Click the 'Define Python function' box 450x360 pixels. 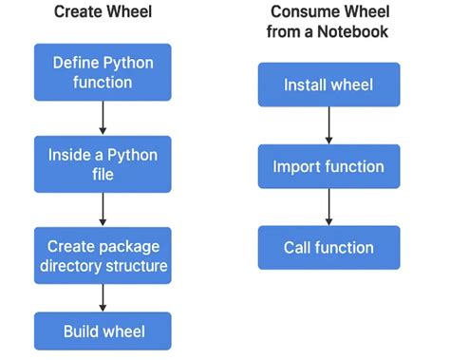pyautogui.click(x=103, y=72)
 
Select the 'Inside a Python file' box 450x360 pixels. pyautogui.click(x=103, y=163)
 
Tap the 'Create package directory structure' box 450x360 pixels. pyautogui.click(x=103, y=254)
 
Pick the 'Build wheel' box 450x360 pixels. pyautogui.click(x=103, y=332)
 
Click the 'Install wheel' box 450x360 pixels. pyautogui.click(x=328, y=85)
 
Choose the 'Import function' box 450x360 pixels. pyautogui.click(x=328, y=166)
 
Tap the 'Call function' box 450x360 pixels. pyautogui.click(x=328, y=248)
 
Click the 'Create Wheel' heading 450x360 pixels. pyautogui.click(x=103, y=12)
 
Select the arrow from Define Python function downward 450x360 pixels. pyautogui.click(x=103, y=118)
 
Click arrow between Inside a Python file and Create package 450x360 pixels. pyautogui.click(x=103, y=208)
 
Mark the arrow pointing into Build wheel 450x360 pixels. pyautogui.click(x=103, y=297)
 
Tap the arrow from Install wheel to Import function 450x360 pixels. pyautogui.click(x=328, y=125)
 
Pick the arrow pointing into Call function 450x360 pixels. pyautogui.click(x=328, y=207)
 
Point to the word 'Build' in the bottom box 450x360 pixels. pyautogui.click(x=81, y=332)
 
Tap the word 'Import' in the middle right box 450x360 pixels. pyautogui.click(x=296, y=166)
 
